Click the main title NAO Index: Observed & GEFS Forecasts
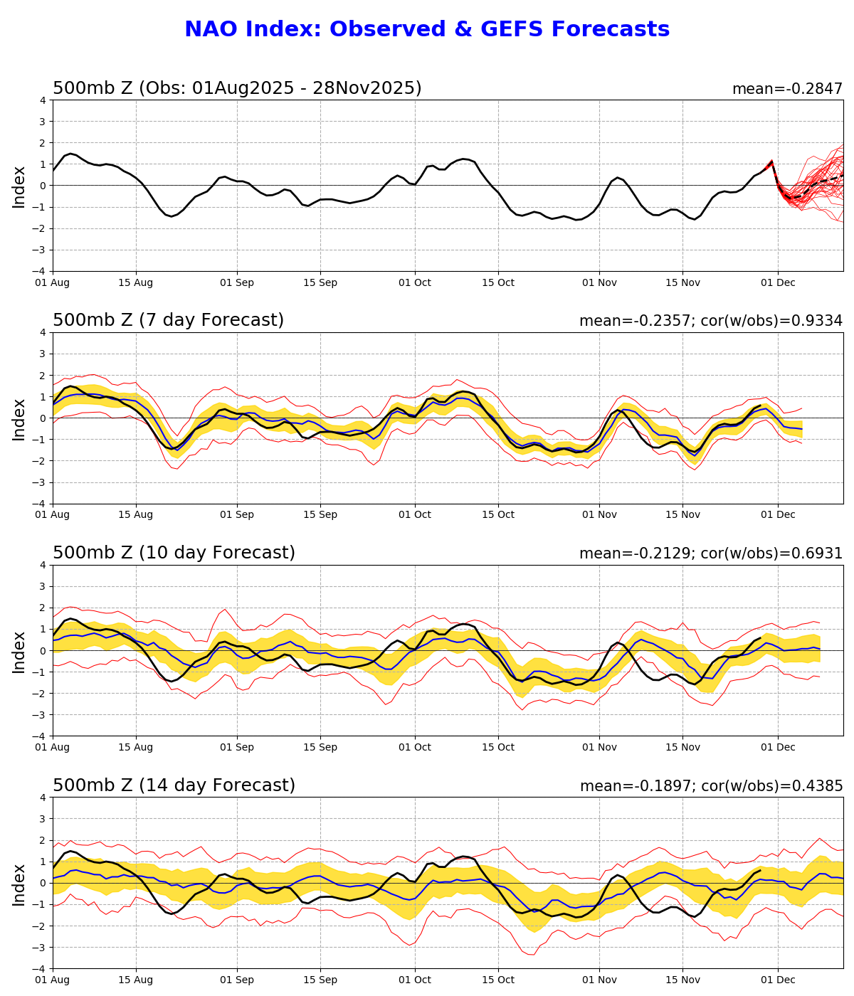pos(427,30)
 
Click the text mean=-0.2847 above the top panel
pos(787,90)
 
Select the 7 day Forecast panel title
pos(168,321)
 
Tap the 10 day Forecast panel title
pos(174,553)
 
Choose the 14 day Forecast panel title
pos(174,786)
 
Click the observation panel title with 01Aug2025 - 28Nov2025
pos(237,89)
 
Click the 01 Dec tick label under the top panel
pos(778,282)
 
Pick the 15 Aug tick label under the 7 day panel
pos(136,515)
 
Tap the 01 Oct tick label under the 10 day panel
pos(415,748)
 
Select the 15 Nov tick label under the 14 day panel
pos(682,980)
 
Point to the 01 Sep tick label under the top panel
pos(236,282)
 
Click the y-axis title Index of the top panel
pos(19,186)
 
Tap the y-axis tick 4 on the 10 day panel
pos(43,565)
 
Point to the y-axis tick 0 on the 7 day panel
pos(43,418)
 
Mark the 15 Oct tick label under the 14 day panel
pos(498,980)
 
